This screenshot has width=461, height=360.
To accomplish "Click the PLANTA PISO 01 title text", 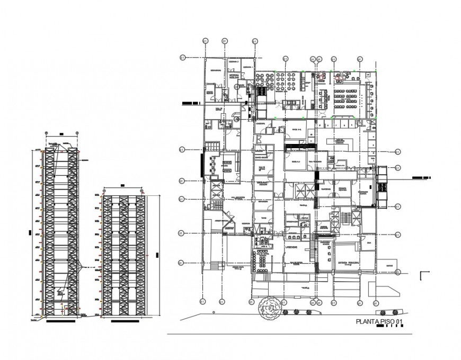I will (380, 321).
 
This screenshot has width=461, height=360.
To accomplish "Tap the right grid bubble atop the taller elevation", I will (77, 132).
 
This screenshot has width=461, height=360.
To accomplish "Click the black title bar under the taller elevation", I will (61, 320).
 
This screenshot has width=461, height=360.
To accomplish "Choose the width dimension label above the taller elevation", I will (61, 133).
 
